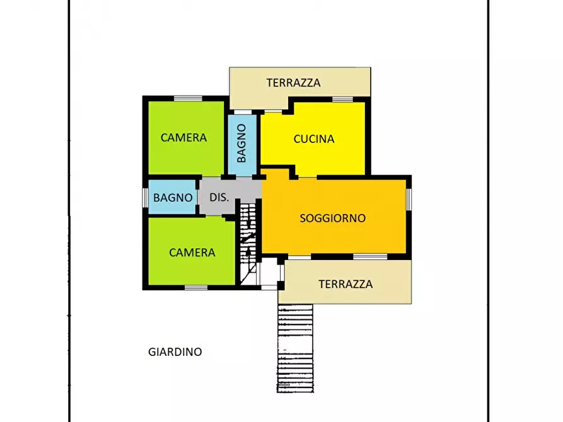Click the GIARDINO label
[175, 352]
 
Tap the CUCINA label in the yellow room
[313, 139]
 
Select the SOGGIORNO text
[332, 219]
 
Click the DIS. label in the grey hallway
[219, 197]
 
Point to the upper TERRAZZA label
[293, 83]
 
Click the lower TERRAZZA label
[345, 284]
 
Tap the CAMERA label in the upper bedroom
[183, 137]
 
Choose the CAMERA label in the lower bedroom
[192, 253]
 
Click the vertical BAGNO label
[242, 144]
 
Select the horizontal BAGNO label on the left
[173, 197]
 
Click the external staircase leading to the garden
[295, 348]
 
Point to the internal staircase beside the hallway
[249, 242]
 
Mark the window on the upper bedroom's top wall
[188, 98]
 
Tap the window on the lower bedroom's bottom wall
[196, 287]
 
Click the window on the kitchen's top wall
[342, 99]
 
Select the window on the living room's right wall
[409, 199]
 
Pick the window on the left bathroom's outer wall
[146, 197]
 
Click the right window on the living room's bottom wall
[370, 256]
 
